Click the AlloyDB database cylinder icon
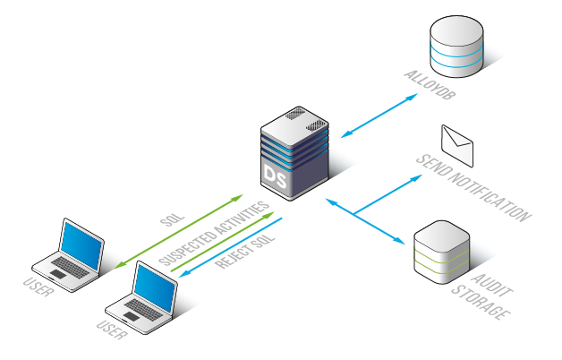pyautogui.click(x=456, y=47)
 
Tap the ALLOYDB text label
pyautogui.click(x=430, y=85)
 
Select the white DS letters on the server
pyautogui.click(x=276, y=176)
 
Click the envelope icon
pyautogui.click(x=457, y=146)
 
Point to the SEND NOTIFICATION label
pyautogui.click(x=473, y=188)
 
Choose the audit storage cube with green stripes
pyautogui.click(x=441, y=252)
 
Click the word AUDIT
pyautogui.click(x=492, y=286)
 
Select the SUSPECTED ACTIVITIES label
pyautogui.click(x=214, y=234)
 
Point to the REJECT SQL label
pyautogui.click(x=245, y=252)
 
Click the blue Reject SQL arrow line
pyautogui.click(x=230, y=247)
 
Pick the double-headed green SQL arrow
pyautogui.click(x=178, y=231)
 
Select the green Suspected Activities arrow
pyautogui.click(x=222, y=242)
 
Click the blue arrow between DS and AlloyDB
pyautogui.click(x=379, y=116)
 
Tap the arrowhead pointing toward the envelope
pyautogui.click(x=417, y=177)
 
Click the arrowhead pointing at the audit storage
pyautogui.click(x=400, y=241)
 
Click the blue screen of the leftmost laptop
pyautogui.click(x=81, y=244)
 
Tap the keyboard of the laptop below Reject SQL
pyautogui.click(x=143, y=310)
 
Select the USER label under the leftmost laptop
pyautogui.click(x=38, y=288)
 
